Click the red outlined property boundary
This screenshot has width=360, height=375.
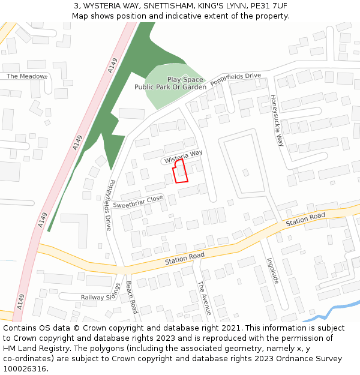(181, 170)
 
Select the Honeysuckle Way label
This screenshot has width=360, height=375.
(276, 121)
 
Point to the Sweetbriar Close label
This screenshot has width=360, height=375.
(138, 201)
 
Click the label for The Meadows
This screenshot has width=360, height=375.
(26, 76)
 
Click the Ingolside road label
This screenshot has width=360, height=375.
(274, 271)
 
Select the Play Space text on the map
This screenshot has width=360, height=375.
(185, 79)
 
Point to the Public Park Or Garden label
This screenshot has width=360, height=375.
(170, 87)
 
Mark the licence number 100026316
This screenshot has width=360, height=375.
(26, 368)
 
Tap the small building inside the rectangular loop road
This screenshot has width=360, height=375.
(245, 172)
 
